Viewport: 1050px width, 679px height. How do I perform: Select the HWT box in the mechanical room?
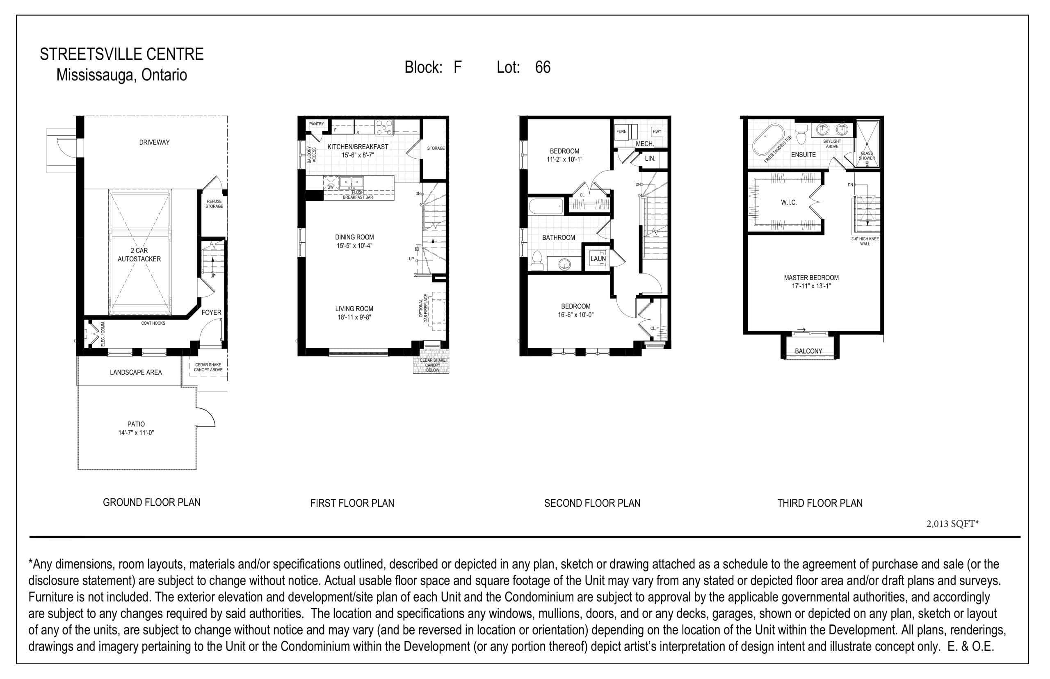click(657, 132)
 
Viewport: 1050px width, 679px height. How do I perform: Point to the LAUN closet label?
click(598, 259)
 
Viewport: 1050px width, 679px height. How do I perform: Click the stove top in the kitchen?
click(384, 128)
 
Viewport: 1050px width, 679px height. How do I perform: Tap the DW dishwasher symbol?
click(330, 183)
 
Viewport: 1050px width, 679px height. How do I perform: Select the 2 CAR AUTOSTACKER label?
click(139, 255)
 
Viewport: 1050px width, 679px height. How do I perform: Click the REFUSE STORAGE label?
click(215, 204)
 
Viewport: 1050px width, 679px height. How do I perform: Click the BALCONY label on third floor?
click(808, 351)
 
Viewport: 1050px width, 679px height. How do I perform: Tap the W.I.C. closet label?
click(788, 203)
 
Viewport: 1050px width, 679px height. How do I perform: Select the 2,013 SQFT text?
click(952, 524)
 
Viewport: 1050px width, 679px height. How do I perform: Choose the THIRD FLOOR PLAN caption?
click(819, 503)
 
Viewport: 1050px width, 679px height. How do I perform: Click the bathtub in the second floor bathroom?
click(546, 206)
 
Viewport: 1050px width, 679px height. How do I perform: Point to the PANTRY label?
click(316, 124)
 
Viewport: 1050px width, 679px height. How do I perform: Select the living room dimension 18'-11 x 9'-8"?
click(354, 317)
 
